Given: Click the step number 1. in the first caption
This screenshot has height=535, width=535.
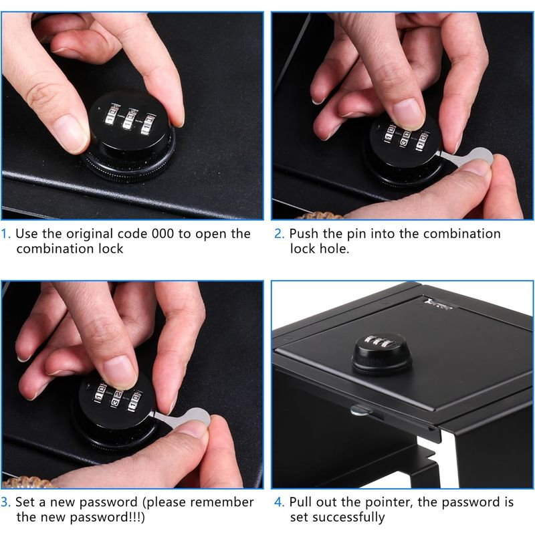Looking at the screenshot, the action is (x=6, y=234).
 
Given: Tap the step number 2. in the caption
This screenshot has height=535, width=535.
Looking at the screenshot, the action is (x=280, y=234).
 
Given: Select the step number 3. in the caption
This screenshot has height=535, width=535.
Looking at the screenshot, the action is (x=6, y=502).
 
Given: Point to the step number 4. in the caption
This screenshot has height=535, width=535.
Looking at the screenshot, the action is (x=280, y=502).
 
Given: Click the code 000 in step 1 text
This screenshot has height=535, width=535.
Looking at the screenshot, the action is (x=163, y=234).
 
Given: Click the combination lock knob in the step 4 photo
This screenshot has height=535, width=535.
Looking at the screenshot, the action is (x=381, y=354).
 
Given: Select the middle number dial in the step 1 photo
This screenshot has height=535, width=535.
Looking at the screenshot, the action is (x=129, y=119).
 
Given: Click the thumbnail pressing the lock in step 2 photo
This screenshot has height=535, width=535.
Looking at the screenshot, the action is (x=409, y=114).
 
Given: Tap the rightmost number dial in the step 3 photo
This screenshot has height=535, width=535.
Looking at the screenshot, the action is (x=134, y=401).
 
